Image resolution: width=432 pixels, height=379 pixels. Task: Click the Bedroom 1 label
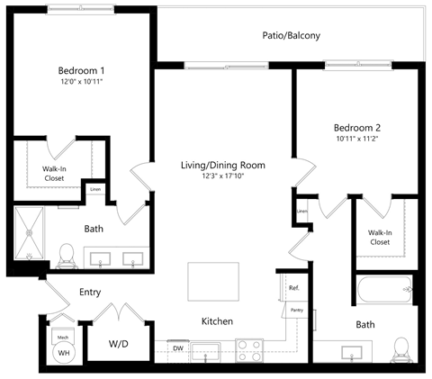tap(81, 70)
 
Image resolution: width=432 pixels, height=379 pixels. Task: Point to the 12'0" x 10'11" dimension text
tap(81, 83)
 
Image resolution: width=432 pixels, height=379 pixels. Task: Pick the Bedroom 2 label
tap(358, 127)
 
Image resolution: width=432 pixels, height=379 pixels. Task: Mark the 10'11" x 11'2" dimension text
tap(358, 140)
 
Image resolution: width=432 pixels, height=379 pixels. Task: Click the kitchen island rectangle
tap(213, 284)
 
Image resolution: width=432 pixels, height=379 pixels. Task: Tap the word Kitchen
tap(218, 321)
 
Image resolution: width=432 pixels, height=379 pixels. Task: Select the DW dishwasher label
tap(178, 347)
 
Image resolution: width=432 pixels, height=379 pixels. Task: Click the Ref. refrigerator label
tap(293, 288)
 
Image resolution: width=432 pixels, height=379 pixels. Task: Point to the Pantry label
tap(296, 309)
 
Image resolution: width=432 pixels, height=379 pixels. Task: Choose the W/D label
tap(119, 343)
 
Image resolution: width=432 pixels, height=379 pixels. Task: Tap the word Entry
tap(90, 292)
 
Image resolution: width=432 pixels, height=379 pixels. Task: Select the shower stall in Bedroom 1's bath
tap(34, 230)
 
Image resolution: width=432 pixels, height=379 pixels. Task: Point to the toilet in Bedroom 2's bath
tap(401, 347)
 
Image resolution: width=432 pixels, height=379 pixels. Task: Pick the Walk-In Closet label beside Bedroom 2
tap(379, 238)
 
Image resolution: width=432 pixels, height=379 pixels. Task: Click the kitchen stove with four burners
tap(249, 349)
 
